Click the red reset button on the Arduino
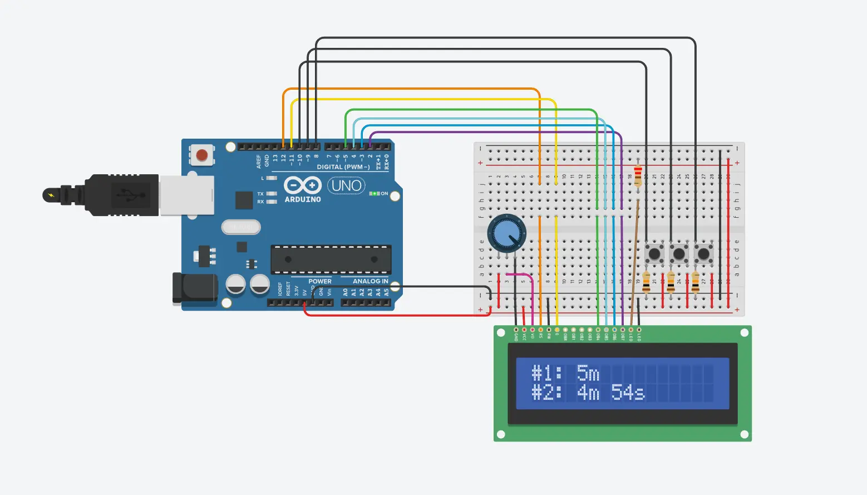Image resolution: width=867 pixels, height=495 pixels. pyautogui.click(x=202, y=155)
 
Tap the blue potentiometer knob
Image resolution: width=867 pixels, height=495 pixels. pyautogui.click(x=506, y=233)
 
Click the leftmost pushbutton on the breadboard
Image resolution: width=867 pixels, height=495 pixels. pyautogui.click(x=654, y=254)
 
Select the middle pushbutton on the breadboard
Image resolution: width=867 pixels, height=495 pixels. pyautogui.click(x=679, y=254)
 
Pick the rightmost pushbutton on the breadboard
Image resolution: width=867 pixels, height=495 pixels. pyautogui.click(x=703, y=254)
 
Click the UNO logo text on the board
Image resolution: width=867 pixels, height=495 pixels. pyautogui.click(x=346, y=185)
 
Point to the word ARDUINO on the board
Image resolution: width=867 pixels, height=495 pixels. pyautogui.click(x=303, y=199)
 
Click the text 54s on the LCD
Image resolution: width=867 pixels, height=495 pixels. pyautogui.click(x=628, y=393)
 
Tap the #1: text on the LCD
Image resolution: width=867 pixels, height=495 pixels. pyautogui.click(x=547, y=373)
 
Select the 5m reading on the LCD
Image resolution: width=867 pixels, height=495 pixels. pyautogui.click(x=588, y=373)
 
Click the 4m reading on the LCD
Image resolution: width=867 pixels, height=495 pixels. pyautogui.click(x=588, y=393)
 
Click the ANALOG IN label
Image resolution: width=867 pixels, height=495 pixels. pyautogui.click(x=370, y=281)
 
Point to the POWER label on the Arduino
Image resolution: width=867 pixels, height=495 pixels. pyautogui.click(x=320, y=281)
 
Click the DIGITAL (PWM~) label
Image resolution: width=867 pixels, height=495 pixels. pyautogui.click(x=343, y=167)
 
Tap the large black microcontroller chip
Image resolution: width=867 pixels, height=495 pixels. pyautogui.click(x=331, y=259)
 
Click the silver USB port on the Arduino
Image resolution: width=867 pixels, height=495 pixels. pyautogui.click(x=186, y=195)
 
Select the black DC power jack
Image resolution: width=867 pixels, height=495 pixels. pyautogui.click(x=194, y=288)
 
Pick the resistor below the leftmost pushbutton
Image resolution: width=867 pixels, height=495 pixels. pyautogui.click(x=646, y=282)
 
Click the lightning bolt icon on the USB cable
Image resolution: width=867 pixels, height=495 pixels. pyautogui.click(x=51, y=195)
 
